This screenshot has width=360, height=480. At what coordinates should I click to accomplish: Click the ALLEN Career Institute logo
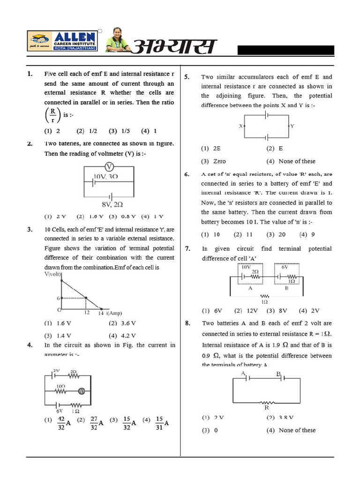[x=62, y=41]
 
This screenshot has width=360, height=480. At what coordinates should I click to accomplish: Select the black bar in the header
[x=285, y=51]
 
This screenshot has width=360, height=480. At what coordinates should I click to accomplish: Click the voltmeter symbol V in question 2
[x=108, y=167]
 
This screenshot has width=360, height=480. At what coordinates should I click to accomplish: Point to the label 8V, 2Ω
[x=112, y=204]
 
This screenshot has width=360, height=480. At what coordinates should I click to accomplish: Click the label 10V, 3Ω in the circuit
[x=105, y=177]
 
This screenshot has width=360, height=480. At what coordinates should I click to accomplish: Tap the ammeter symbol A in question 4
[x=81, y=391]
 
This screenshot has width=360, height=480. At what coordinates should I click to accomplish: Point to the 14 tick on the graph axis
[x=101, y=313]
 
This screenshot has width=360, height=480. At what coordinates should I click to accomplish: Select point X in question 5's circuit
[x=240, y=126]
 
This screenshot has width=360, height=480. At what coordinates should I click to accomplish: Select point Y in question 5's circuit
[x=292, y=126]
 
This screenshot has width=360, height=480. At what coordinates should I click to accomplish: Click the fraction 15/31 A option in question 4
[x=159, y=422]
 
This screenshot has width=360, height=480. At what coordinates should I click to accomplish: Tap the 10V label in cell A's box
[x=246, y=267]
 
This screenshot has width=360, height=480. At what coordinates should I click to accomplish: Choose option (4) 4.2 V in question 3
[x=122, y=336]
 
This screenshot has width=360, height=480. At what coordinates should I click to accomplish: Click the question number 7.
[x=187, y=249]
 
